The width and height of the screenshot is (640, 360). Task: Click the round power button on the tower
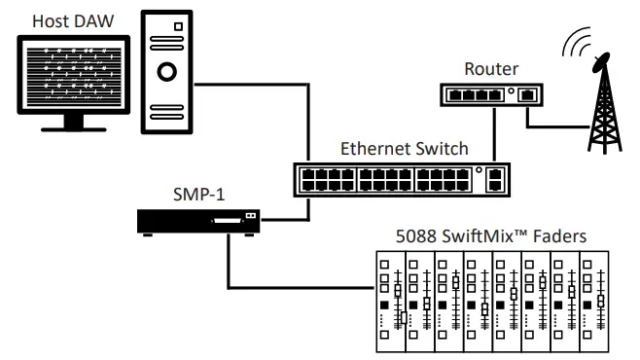click(165, 72)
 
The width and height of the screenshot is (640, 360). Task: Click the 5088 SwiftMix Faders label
click(490, 237)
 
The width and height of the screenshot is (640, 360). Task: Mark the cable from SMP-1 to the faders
click(292, 288)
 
